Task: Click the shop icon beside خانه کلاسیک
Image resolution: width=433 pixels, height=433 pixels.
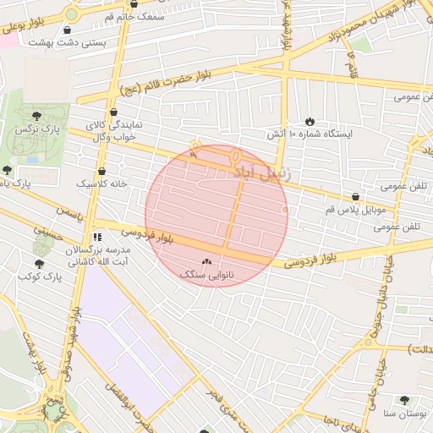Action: pos(101,171)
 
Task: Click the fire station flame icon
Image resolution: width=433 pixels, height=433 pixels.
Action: pos(310,121)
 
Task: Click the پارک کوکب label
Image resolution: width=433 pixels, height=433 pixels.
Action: pos(41,277)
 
